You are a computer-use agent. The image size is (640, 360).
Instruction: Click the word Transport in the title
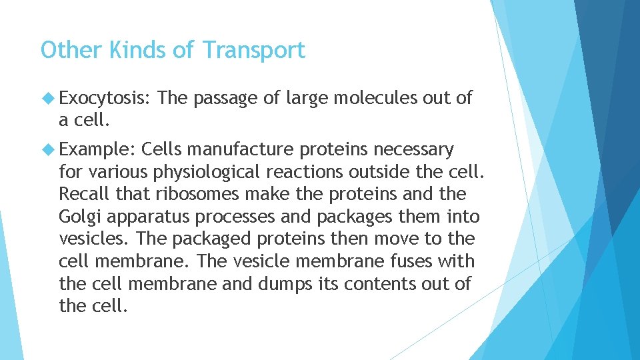coord(253,51)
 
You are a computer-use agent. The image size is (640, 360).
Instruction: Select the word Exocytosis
coord(104,99)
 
